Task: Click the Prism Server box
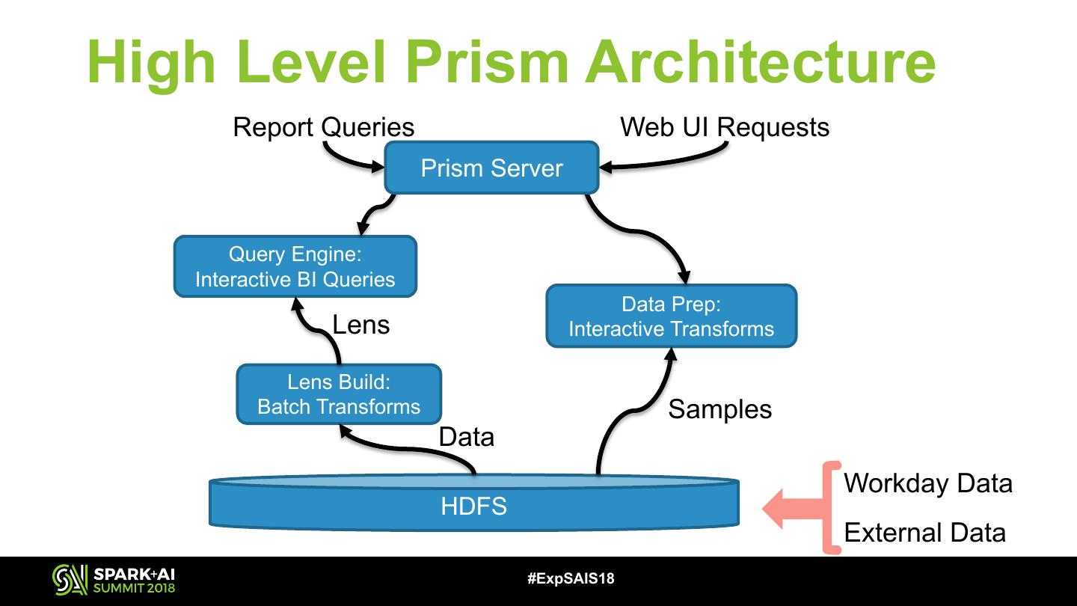tap(491, 168)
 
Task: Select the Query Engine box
tap(295, 266)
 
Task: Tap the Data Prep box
tap(671, 316)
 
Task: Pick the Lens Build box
tap(339, 394)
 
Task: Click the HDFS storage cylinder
tap(473, 505)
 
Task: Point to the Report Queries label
tap(323, 127)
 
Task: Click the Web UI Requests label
tap(724, 127)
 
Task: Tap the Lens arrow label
tap(360, 325)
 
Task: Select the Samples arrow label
tap(719, 408)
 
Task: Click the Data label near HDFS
tap(466, 436)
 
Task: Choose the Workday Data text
tap(927, 483)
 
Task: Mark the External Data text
tap(924, 533)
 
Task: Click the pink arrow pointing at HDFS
tap(785, 509)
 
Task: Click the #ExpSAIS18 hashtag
tap(571, 578)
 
